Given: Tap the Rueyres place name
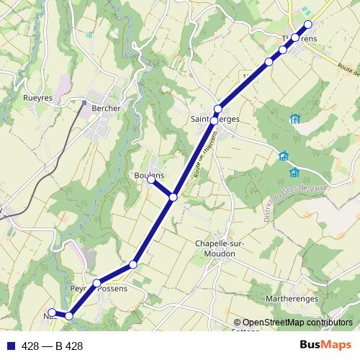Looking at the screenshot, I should pos(38,97).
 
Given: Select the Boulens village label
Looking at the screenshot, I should pos(149,175).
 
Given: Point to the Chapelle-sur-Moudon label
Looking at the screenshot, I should pos(220,248).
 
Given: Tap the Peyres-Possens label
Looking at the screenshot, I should pos(99,289).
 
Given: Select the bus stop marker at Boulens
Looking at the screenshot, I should pos(151,180).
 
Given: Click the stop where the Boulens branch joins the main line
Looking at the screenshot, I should pos(174,197).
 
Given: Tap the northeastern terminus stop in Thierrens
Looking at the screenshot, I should pos(308,24).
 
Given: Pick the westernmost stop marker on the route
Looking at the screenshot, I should pos(52,312).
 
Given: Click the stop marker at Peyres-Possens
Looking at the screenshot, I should pos(96,283).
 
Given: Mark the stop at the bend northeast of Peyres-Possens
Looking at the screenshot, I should pos(133,266).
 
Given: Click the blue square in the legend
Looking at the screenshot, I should pos(9,346).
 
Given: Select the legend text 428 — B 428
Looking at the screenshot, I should pos(53,346).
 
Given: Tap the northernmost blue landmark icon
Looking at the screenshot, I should pos(294,119).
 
